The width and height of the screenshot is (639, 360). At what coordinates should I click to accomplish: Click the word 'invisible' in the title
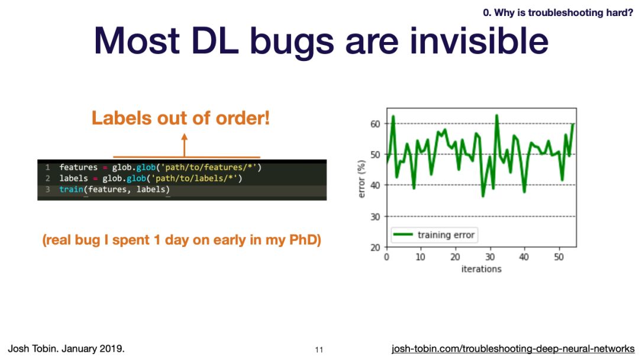[479, 41]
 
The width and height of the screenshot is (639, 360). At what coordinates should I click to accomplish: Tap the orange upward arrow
[184, 145]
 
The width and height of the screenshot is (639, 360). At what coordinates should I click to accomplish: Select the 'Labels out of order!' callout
[180, 118]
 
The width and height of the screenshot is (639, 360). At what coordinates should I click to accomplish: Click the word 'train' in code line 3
[72, 189]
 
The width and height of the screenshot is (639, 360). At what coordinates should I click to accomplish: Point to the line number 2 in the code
[48, 178]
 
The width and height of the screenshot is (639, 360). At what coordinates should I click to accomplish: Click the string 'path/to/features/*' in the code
[209, 167]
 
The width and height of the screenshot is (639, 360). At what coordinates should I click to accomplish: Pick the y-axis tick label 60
[375, 124]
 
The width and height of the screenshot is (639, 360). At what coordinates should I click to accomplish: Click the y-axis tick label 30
[375, 217]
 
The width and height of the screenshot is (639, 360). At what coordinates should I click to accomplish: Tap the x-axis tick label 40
[524, 257]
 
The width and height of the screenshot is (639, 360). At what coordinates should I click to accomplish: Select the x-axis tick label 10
[420, 257]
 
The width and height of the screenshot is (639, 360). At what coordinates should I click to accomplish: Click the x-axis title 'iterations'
[481, 269]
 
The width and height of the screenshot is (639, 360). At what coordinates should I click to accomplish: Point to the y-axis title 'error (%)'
[361, 179]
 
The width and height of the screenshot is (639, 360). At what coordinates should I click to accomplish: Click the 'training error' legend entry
[434, 235]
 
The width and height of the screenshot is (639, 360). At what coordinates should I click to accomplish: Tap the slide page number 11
[319, 349]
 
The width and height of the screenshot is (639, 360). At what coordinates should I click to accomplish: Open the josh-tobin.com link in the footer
[513, 349]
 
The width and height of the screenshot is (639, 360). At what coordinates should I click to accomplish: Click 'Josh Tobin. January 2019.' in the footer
[66, 349]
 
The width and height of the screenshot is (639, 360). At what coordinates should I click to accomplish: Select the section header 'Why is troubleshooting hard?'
[564, 12]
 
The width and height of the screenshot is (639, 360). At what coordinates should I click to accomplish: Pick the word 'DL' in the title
[215, 41]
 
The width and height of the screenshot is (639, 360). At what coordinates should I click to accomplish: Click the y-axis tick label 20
[375, 247]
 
